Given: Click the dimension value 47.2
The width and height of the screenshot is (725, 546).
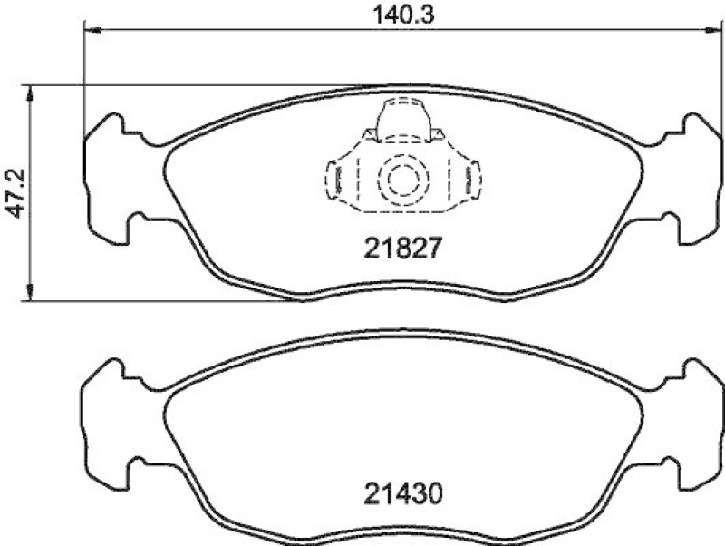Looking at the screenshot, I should click(12, 192).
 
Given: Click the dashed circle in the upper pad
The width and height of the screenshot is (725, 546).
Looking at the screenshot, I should click(400, 180).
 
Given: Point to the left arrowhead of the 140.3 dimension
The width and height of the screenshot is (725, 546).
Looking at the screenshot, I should click(90, 31).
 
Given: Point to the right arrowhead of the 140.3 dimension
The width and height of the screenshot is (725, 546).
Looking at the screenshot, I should click(708, 31).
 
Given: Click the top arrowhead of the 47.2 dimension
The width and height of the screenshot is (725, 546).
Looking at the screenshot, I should click(32, 92).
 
